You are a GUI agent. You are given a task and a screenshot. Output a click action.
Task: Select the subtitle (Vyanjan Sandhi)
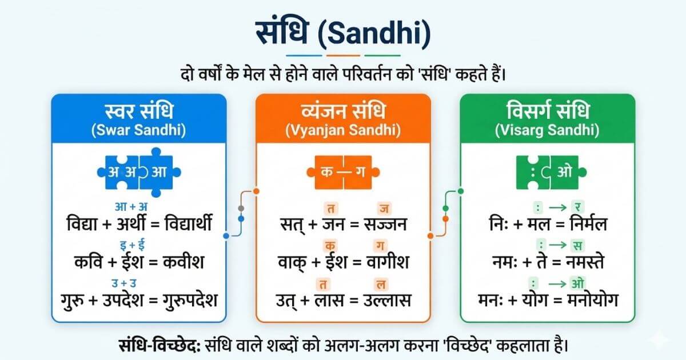pyautogui.click(x=342, y=130)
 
